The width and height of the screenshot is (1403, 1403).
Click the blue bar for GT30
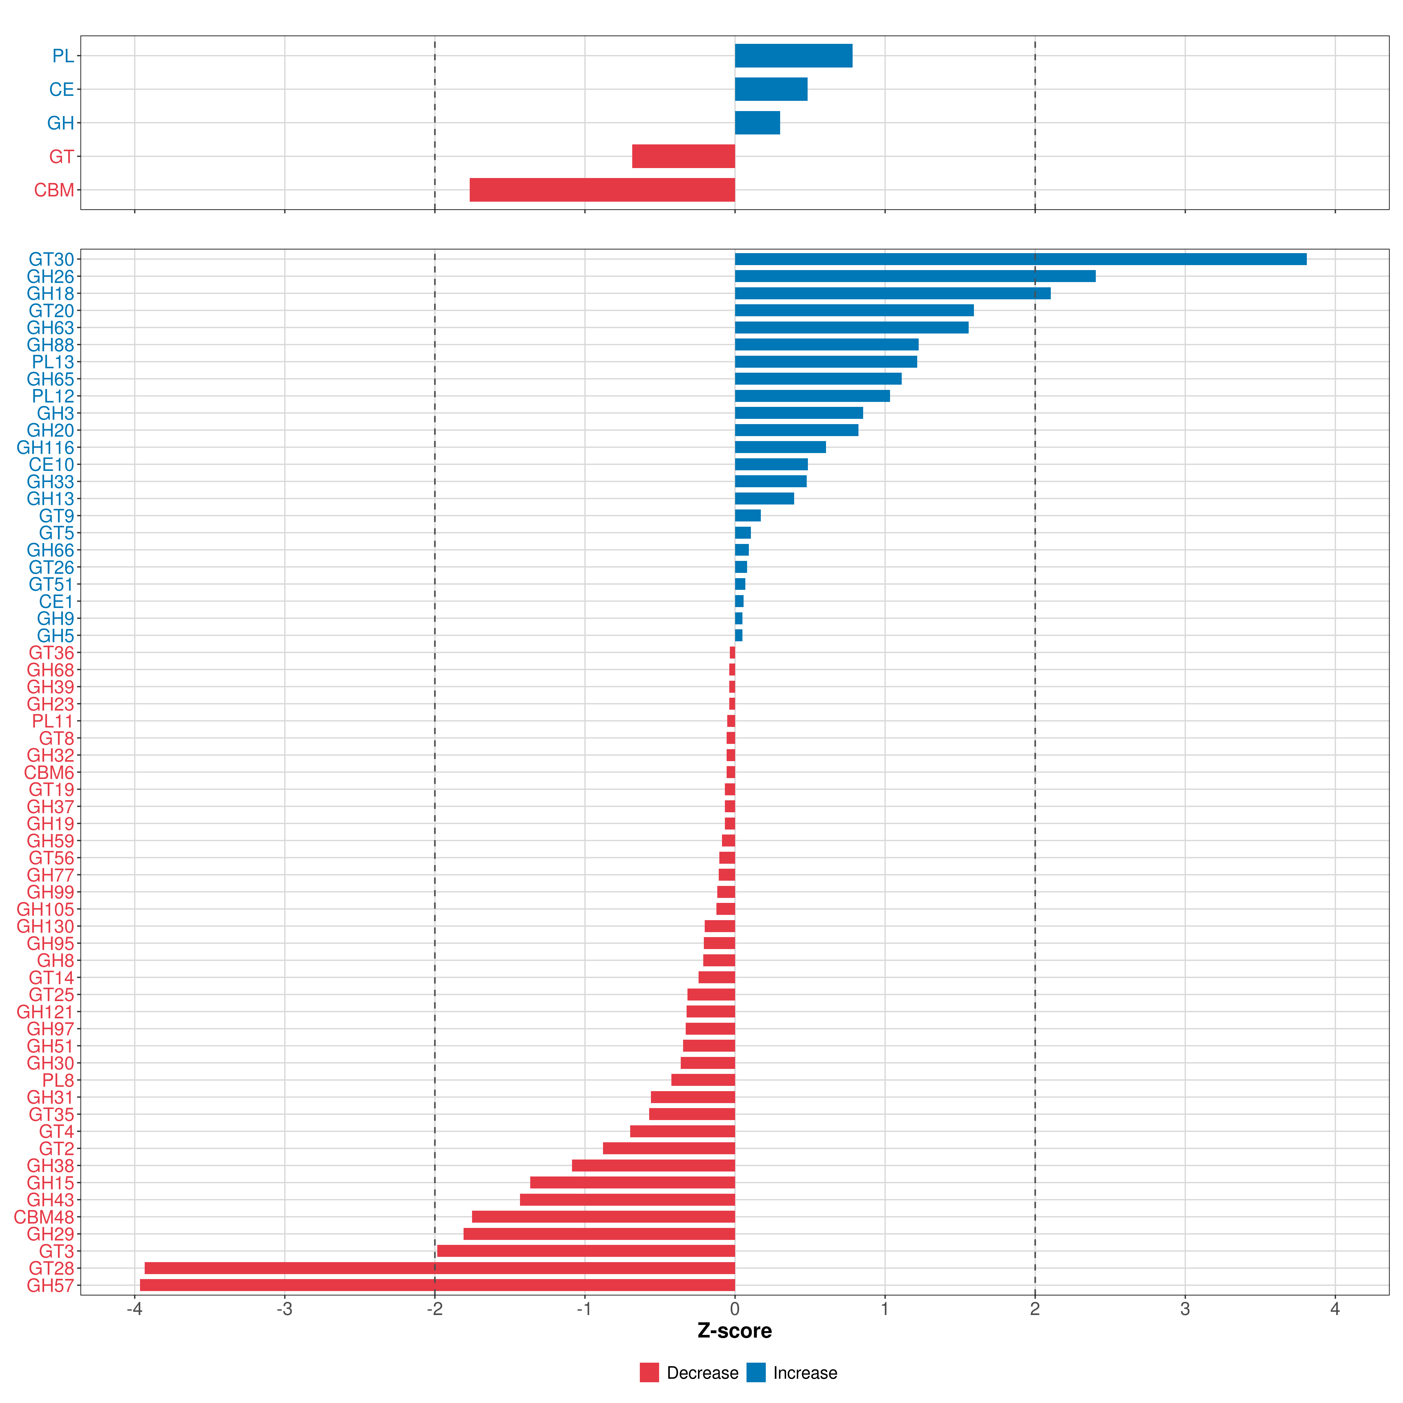(x=1020, y=259)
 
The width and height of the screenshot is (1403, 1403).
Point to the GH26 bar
(x=915, y=276)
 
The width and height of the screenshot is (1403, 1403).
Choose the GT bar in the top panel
(x=683, y=156)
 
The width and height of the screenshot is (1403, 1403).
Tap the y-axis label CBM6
(x=49, y=773)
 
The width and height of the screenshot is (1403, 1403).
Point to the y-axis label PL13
(x=53, y=362)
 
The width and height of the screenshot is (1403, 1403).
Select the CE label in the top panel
(x=62, y=89)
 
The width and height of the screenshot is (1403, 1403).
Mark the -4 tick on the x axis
(x=134, y=1309)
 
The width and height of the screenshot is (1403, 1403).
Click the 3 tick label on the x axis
(x=1184, y=1309)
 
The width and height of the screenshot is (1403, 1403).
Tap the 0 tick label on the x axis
(x=735, y=1309)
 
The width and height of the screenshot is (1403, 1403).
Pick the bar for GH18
(x=892, y=293)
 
